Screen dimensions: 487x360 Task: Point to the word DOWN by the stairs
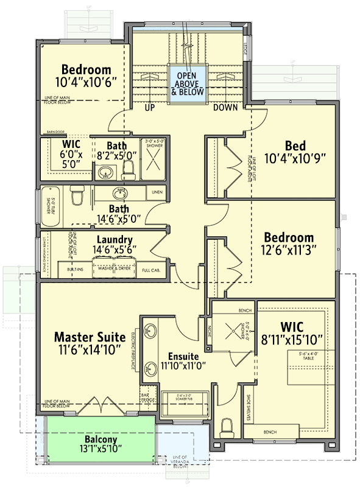click(225, 108)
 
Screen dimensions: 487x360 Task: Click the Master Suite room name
click(90, 337)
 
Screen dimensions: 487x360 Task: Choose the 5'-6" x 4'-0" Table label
click(311, 356)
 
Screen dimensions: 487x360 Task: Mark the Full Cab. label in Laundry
click(151, 269)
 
